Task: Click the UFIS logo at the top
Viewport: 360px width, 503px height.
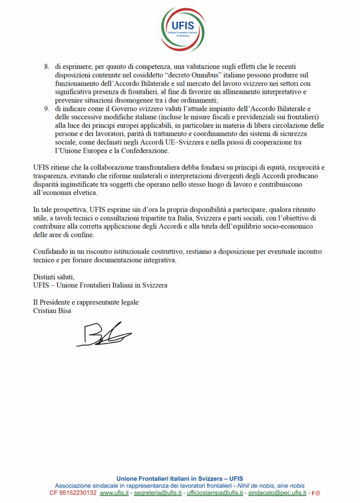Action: [x=180, y=27]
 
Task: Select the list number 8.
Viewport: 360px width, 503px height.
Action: [x=47, y=66]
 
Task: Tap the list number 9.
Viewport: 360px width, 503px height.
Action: [x=47, y=109]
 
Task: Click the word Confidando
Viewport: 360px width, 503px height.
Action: [x=51, y=251]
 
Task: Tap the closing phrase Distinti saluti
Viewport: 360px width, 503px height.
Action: [x=54, y=277]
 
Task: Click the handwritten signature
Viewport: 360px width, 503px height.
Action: [x=103, y=335]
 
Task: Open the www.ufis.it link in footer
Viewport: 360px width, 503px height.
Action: [x=114, y=493]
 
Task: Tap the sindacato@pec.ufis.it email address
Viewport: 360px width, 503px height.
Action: [x=277, y=493]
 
